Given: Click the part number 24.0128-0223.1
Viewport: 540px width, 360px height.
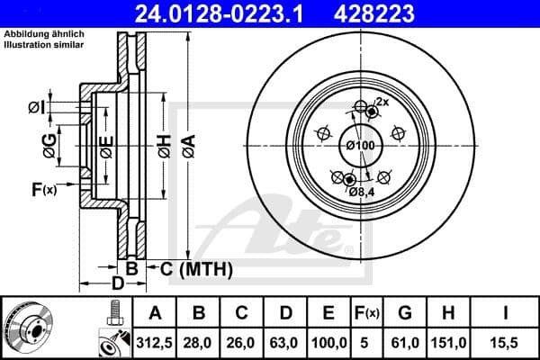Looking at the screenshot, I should [230, 13].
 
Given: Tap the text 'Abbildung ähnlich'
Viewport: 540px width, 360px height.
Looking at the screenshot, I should [44, 34].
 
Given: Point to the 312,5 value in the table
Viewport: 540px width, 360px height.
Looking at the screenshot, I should [155, 342].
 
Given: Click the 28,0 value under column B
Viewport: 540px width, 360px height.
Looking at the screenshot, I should [198, 342].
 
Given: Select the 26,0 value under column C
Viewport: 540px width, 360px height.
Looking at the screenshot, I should [241, 342].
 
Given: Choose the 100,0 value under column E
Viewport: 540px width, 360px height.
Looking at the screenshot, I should [328, 342].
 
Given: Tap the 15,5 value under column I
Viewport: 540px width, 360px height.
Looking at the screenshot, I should [506, 342].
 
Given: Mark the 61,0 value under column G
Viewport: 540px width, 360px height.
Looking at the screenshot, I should [404, 342].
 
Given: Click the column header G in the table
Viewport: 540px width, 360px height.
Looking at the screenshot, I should [404, 314].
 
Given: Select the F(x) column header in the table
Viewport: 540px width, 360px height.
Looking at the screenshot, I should [366, 314].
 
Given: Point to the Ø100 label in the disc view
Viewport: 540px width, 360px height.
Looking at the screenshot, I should [360, 145].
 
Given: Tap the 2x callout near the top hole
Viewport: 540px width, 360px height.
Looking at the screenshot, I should [382, 103].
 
